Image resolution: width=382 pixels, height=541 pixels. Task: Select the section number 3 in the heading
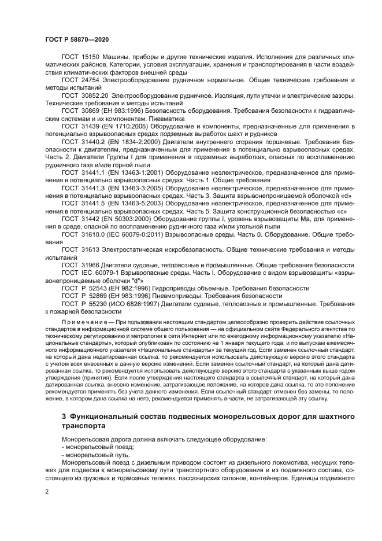(x=64, y=417)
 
